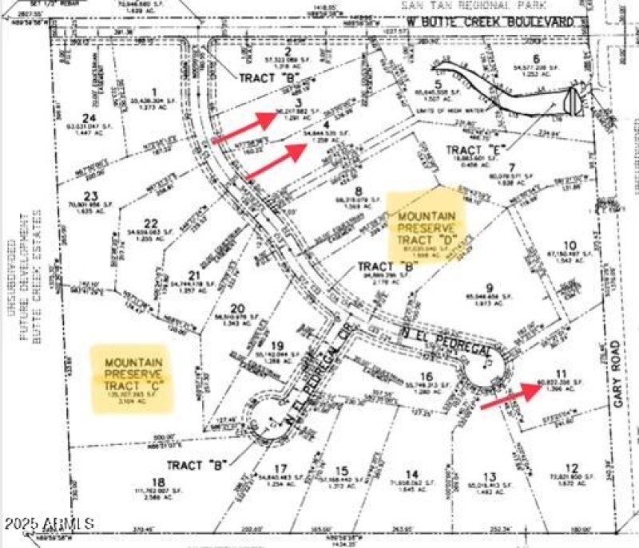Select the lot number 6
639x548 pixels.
click(536, 57)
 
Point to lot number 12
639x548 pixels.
click(570, 468)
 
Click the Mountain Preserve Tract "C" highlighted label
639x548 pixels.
click(134, 379)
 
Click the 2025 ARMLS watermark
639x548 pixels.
click(48, 525)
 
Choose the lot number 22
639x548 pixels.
click(152, 224)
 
